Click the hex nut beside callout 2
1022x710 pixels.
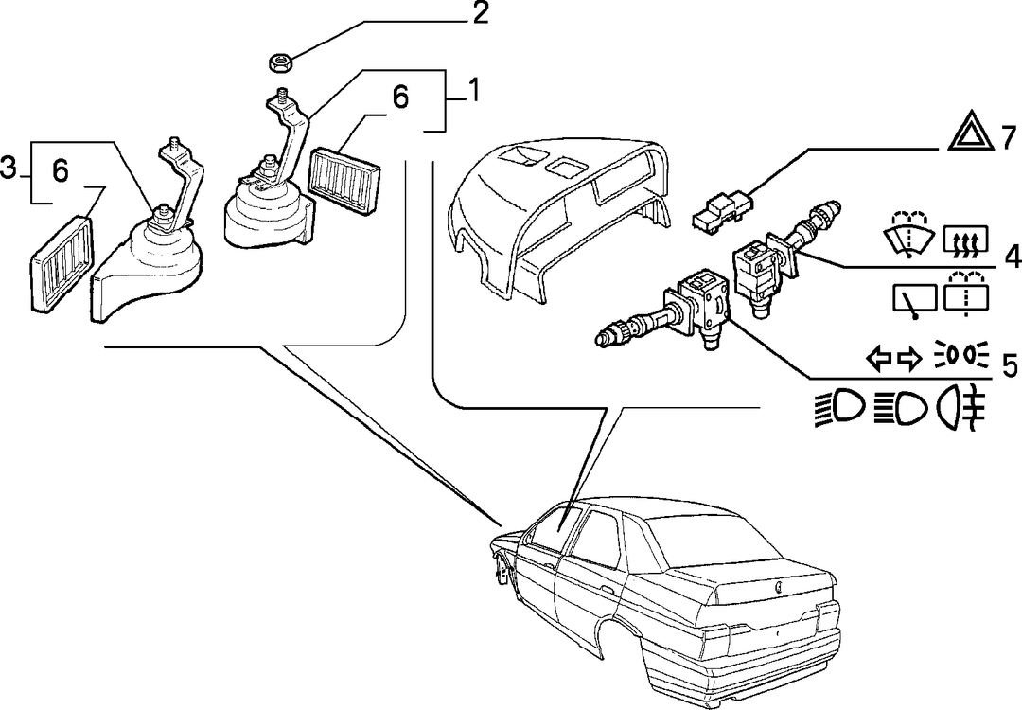279,63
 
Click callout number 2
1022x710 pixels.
481,14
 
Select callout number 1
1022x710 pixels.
474,91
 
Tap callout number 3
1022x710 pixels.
8,169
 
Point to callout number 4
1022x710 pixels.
1012,258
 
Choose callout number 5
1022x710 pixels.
1010,366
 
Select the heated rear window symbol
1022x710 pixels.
966,239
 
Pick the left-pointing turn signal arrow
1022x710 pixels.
878,358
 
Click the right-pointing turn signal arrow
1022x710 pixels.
910,358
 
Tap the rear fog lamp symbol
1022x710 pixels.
961,410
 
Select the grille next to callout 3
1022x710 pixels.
62,263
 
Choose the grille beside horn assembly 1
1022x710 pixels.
346,181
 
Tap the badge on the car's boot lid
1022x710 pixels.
779,587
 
